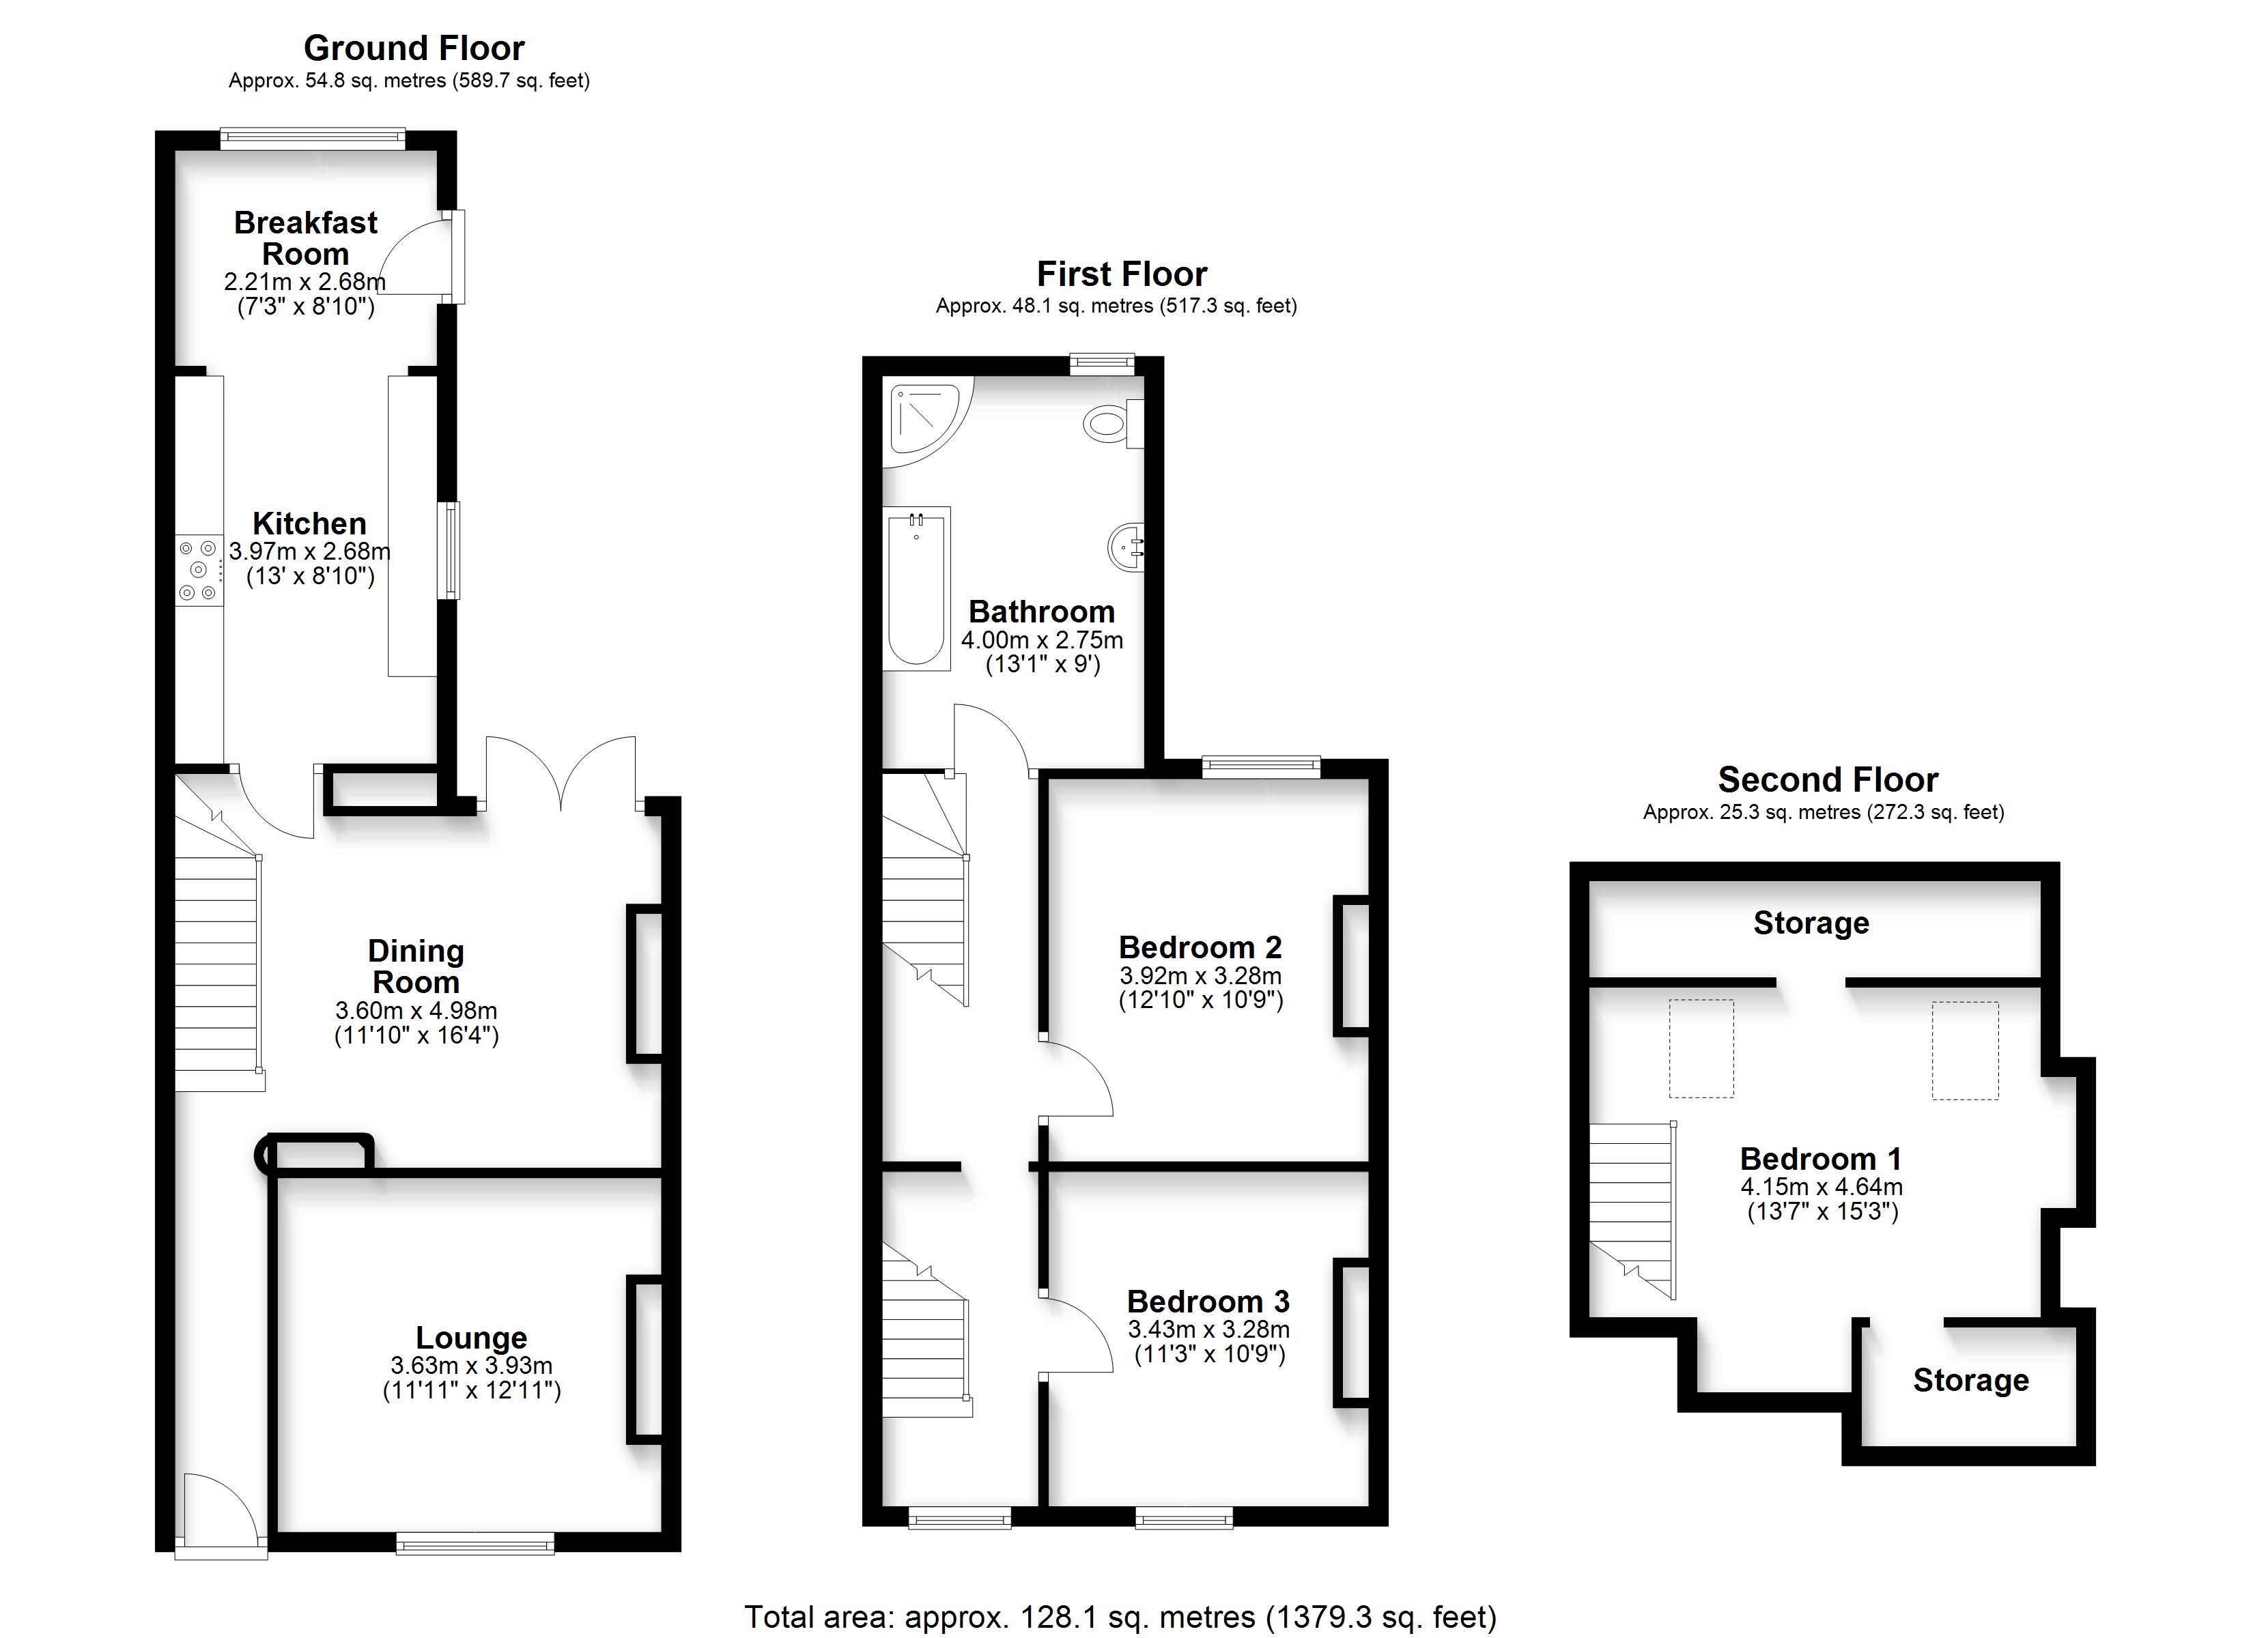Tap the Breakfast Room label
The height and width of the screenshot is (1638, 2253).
pos(305,238)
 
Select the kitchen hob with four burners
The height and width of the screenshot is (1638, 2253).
pos(199,570)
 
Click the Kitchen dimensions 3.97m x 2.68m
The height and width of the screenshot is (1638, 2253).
pos(310,550)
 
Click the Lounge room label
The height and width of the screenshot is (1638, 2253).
pos(471,1338)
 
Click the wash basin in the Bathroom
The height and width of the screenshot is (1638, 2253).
pos(1126,546)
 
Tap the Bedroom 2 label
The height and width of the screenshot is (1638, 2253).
pos(1200,947)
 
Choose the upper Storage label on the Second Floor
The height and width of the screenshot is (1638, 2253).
pos(1811,923)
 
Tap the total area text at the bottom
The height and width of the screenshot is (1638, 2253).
pos(1120,1616)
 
